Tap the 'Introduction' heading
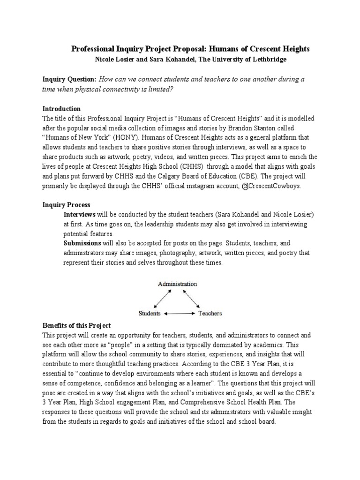click(x=61, y=108)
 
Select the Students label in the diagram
click(x=150, y=313)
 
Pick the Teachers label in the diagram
click(x=210, y=313)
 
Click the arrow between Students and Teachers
click(x=180, y=313)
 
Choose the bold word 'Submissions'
click(x=82, y=243)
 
